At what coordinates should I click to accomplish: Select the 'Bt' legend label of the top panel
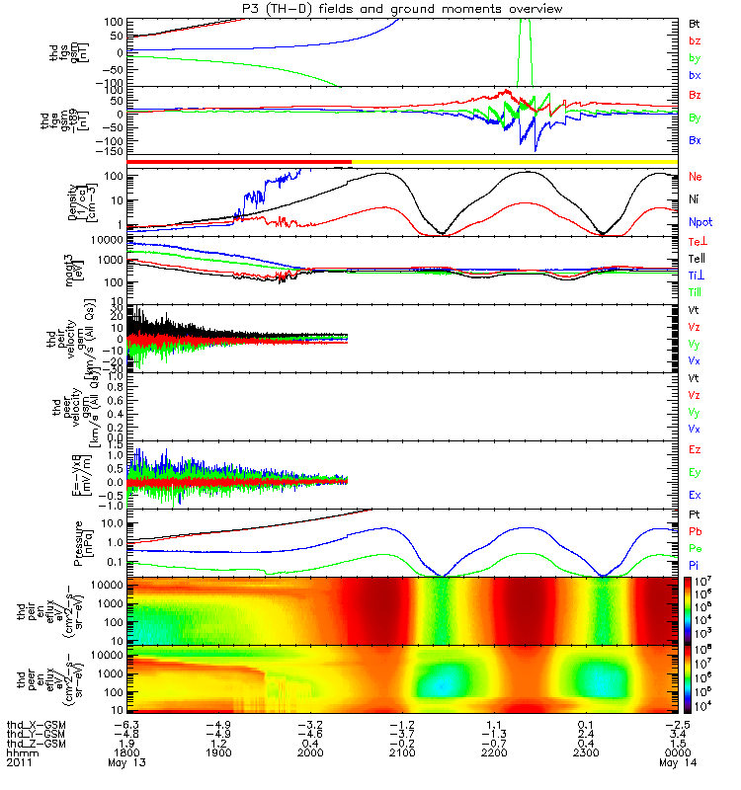click(695, 23)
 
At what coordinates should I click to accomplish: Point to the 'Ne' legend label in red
click(696, 177)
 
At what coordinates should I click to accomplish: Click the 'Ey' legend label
click(696, 473)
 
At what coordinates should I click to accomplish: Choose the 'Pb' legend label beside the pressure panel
click(696, 531)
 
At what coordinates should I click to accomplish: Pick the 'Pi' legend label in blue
click(695, 565)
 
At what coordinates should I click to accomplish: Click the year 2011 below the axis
click(18, 773)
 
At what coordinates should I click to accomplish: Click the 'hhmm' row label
click(19, 762)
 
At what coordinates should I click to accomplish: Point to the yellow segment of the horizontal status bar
click(514, 161)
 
